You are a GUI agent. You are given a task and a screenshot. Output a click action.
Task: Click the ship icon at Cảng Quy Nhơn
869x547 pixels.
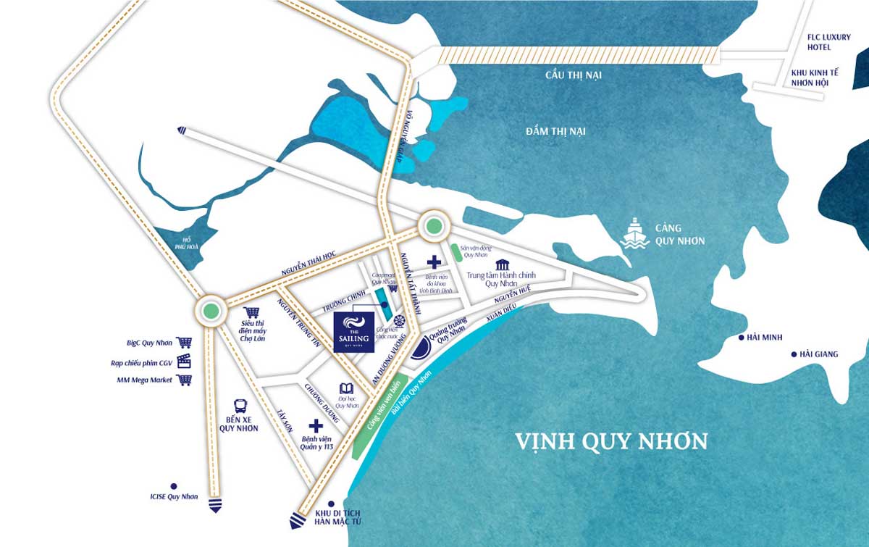(x=635, y=233)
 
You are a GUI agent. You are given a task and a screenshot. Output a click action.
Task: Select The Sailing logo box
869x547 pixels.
(x=354, y=333)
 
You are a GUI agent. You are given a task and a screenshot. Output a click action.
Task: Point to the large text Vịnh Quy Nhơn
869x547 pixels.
(x=611, y=440)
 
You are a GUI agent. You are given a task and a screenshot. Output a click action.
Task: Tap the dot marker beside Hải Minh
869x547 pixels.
(x=742, y=338)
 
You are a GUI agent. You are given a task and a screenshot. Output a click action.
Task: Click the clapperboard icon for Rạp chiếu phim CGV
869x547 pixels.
(x=185, y=361)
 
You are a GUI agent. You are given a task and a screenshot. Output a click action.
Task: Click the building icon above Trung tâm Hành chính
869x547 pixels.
(x=502, y=264)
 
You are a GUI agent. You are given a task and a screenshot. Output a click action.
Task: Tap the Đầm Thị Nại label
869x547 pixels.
(x=556, y=131)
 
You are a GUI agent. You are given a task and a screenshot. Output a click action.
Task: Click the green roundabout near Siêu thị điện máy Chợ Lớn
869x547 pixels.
(x=211, y=312)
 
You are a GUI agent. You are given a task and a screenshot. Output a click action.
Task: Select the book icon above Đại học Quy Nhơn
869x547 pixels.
(x=346, y=389)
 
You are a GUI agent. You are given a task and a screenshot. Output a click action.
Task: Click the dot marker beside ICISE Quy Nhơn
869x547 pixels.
(x=174, y=486)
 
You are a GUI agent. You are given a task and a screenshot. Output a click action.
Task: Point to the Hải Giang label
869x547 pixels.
(x=818, y=354)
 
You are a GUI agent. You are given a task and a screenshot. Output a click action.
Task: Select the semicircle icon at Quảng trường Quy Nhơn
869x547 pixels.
(x=419, y=351)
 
